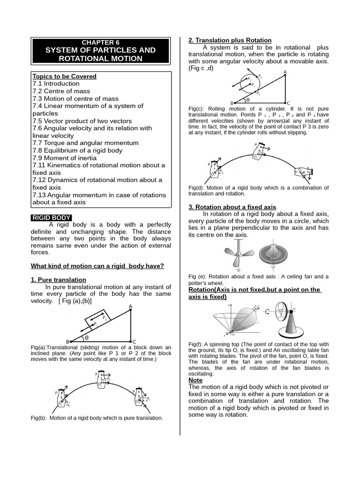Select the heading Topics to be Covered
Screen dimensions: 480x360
coord(64,76)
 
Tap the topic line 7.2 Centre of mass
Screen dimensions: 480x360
coord(61,91)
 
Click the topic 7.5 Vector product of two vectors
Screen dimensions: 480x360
coord(82,120)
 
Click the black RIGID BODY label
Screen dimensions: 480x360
coord(52,217)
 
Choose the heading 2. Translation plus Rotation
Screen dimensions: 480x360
coord(230,40)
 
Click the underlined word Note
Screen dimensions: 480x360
coord(195,380)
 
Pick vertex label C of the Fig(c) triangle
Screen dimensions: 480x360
coord(288,103)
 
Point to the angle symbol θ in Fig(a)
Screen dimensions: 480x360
coord(87,337)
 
